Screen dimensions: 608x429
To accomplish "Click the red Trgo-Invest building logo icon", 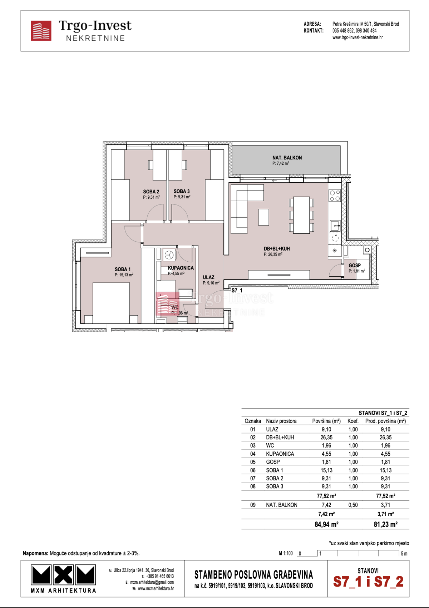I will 41,31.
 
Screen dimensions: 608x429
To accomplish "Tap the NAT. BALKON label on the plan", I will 287,158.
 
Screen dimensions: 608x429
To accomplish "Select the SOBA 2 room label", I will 151,192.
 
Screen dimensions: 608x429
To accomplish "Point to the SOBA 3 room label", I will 182,191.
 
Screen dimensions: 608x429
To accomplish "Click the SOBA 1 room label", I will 123,269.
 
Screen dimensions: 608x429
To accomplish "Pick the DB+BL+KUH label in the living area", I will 277,249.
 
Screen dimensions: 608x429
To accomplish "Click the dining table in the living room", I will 301,215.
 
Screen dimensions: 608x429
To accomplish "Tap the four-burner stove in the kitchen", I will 335,195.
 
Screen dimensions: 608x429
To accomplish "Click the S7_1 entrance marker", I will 237,291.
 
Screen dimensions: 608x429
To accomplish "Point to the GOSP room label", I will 355,265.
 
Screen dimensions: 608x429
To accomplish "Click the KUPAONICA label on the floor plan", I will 181,268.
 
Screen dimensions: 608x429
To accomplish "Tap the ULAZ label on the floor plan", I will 209,277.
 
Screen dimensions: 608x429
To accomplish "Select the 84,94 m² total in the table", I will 326,524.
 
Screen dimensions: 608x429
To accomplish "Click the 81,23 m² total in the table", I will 385,524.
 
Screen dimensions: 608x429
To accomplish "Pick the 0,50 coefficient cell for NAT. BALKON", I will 353,505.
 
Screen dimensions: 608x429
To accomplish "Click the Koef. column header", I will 353,421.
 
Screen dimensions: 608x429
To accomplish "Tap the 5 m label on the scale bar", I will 404,554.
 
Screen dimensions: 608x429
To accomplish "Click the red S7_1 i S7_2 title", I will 368,582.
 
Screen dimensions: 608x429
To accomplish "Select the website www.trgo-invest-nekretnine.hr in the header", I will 357,38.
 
